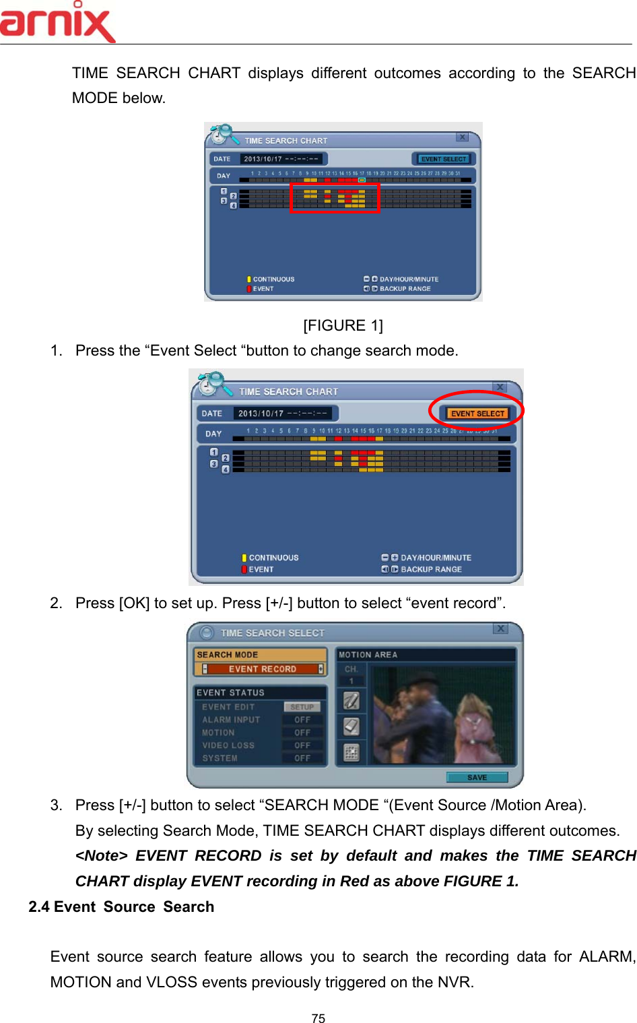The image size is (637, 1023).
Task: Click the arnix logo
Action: (57, 22)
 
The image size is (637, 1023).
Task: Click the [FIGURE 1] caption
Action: (343, 326)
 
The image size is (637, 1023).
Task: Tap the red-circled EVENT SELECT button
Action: (477, 413)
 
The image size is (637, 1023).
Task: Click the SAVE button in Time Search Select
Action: (477, 777)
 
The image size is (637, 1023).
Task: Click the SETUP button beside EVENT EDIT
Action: (302, 707)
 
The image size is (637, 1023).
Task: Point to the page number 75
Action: (318, 1018)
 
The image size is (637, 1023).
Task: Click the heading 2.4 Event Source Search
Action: (121, 907)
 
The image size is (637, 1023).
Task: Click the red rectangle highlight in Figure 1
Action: (335, 197)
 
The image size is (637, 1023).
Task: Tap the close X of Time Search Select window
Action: (500, 628)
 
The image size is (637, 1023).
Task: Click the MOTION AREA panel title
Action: (368, 655)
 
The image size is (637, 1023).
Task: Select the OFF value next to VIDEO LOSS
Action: (302, 746)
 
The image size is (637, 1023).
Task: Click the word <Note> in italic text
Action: (101, 856)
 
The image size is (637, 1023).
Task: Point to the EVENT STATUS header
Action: (230, 692)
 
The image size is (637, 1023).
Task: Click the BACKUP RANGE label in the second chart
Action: (431, 569)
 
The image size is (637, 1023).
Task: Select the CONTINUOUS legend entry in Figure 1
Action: (273, 279)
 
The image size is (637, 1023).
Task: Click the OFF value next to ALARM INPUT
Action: (302, 720)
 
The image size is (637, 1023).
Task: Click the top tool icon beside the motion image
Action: (351, 701)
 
